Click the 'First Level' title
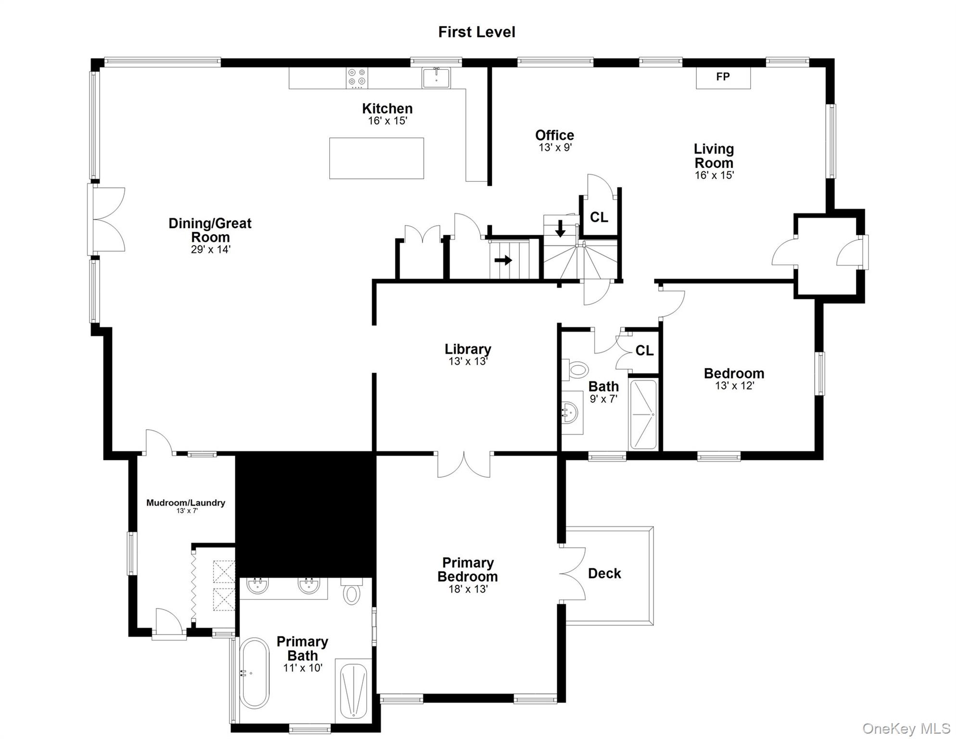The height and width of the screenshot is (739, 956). click(x=476, y=32)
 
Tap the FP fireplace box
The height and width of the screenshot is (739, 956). click(x=723, y=77)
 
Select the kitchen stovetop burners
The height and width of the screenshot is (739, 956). click(x=357, y=78)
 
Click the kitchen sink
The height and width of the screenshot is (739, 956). click(x=436, y=78)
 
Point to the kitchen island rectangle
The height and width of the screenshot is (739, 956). click(x=376, y=158)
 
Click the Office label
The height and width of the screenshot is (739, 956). click(x=554, y=135)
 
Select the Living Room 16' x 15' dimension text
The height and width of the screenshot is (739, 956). click(x=714, y=176)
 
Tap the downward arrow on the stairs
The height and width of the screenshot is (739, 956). click(x=560, y=229)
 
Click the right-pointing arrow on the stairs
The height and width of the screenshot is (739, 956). click(x=503, y=260)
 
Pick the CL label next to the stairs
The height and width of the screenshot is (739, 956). click(x=599, y=217)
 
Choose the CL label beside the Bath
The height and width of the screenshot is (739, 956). click(x=644, y=351)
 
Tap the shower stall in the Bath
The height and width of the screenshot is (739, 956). click(x=643, y=414)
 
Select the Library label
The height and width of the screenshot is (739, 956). click(x=467, y=349)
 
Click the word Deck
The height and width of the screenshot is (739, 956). click(x=604, y=573)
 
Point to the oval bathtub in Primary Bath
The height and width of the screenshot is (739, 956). click(x=254, y=673)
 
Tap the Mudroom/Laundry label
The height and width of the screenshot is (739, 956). click(x=186, y=503)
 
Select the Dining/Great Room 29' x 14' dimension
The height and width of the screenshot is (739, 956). click(x=211, y=250)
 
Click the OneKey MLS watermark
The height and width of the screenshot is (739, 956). click(x=906, y=729)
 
